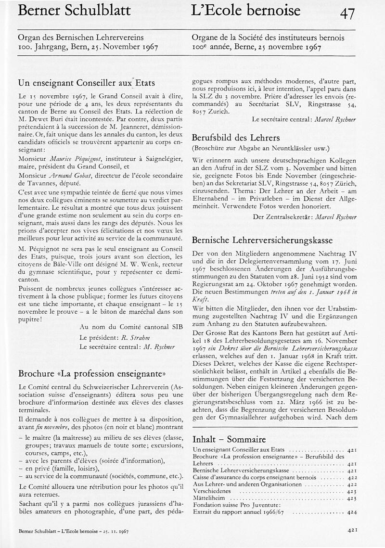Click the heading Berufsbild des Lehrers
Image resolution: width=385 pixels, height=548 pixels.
(236, 137)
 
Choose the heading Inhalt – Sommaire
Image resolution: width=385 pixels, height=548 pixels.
(229, 439)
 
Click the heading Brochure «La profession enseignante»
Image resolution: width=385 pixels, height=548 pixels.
(92, 373)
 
